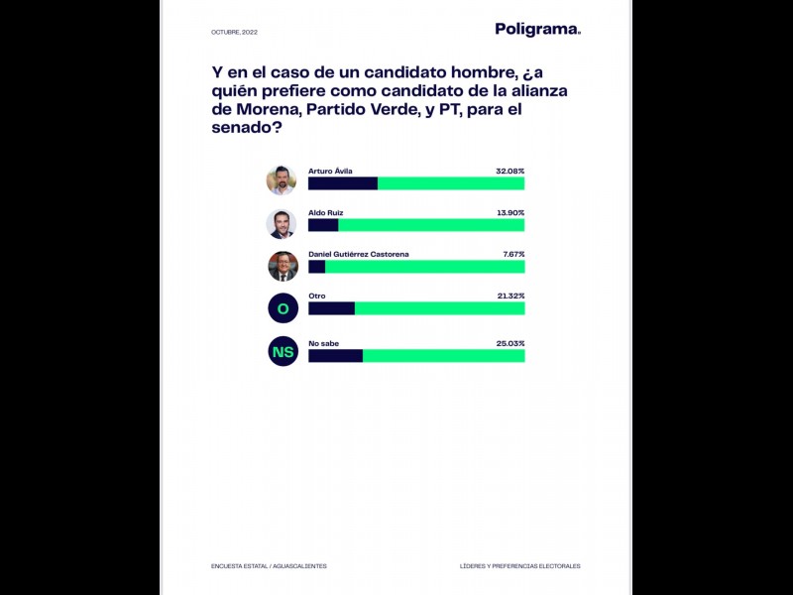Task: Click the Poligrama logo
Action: point(537,30)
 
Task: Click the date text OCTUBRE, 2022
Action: point(234,33)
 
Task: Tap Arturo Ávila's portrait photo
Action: point(282,180)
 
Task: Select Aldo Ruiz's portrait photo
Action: point(282,223)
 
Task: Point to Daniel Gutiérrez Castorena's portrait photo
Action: point(283,266)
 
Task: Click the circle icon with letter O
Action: point(283,308)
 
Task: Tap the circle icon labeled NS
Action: point(283,351)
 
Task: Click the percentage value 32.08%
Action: point(510,172)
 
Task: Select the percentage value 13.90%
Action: point(510,213)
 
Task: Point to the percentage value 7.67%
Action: point(512,255)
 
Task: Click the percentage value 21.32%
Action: point(510,297)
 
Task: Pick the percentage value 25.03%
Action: point(510,343)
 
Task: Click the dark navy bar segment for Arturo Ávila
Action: point(343,183)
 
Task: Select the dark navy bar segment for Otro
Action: point(331,308)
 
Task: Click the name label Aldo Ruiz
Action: point(327,213)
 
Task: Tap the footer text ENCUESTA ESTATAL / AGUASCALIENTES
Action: point(269,566)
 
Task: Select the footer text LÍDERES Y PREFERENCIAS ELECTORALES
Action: point(519,566)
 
